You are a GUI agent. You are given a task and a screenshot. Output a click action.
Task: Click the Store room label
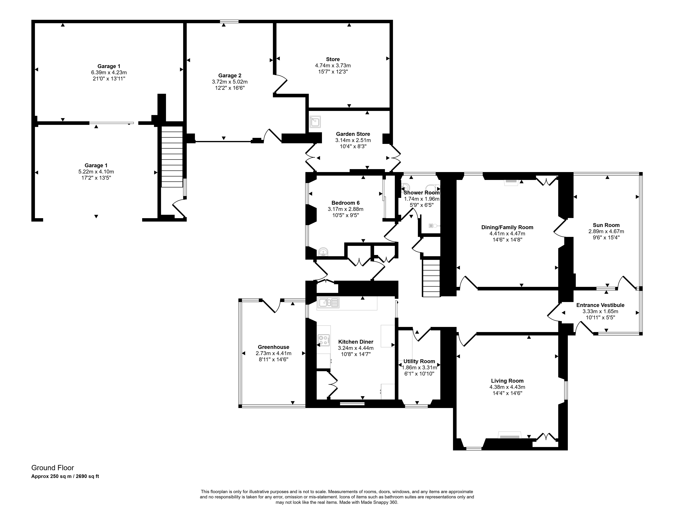tap(333, 59)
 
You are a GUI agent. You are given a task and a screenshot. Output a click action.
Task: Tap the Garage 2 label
tap(230, 76)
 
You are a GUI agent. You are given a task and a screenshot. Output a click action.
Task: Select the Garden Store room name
tap(353, 134)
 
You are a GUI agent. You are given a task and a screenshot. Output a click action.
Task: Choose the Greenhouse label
tap(273, 347)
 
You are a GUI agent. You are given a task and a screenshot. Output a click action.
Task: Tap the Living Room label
tap(507, 381)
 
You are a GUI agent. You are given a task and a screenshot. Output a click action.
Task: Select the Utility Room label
tap(419, 361)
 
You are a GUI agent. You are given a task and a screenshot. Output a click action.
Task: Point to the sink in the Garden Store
tap(315, 122)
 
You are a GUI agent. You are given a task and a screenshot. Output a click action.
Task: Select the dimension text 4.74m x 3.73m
tap(333, 65)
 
